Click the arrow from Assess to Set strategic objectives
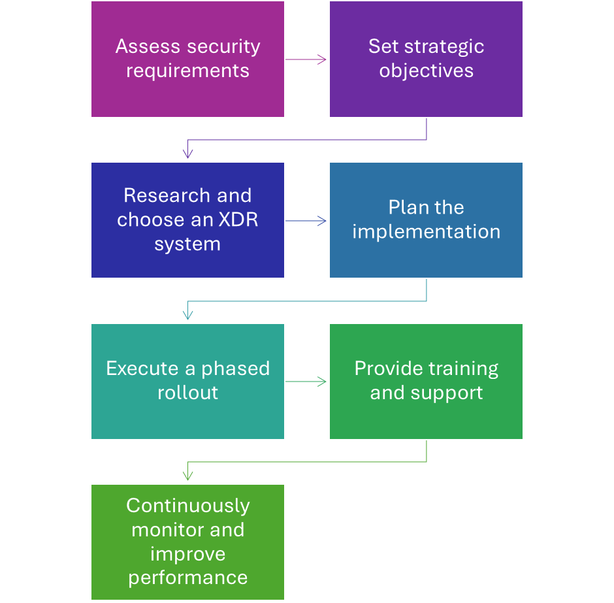click(x=306, y=59)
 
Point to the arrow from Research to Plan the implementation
click(x=306, y=221)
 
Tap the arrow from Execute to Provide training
click(x=306, y=382)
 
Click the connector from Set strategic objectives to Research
click(x=307, y=140)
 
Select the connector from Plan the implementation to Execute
click(x=307, y=301)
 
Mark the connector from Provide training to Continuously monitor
click(x=307, y=462)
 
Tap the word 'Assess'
click(x=148, y=46)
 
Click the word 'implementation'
click(x=426, y=231)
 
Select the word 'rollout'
click(x=187, y=393)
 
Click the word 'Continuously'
click(x=187, y=506)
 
